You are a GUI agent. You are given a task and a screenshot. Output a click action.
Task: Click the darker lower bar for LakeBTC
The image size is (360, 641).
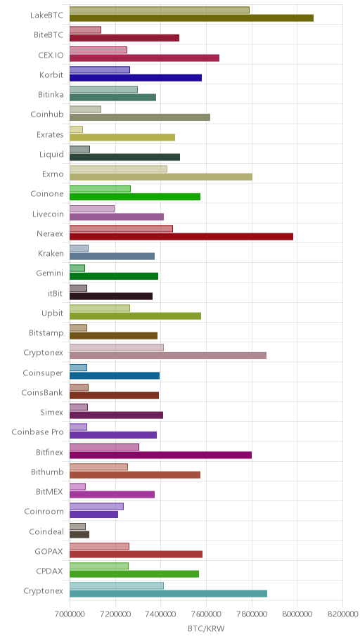[191, 18]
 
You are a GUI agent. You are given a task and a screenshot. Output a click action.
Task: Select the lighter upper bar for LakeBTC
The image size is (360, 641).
[160, 11]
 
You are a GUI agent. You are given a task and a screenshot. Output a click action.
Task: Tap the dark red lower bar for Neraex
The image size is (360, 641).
[181, 236]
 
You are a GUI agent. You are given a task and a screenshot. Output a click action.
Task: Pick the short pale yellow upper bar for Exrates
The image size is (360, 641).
[76, 129]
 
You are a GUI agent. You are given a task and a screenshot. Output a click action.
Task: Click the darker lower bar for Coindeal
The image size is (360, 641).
[79, 534]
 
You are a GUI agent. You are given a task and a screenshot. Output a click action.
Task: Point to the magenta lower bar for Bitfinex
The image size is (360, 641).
[161, 455]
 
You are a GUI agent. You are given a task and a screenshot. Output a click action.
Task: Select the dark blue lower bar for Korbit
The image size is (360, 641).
[136, 78]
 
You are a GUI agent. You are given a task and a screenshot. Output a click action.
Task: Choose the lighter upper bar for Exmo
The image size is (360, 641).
[118, 169]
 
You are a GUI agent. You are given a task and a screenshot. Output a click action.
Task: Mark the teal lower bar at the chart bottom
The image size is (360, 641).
[169, 594]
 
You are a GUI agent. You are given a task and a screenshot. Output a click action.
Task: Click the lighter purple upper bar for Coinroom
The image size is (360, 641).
[96, 506]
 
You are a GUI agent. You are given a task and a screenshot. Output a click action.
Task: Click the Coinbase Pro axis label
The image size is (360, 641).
[38, 432]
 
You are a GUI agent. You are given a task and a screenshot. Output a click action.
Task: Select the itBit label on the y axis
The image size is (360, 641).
[56, 293]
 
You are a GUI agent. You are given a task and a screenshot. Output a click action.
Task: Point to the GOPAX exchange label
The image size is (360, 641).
[49, 552]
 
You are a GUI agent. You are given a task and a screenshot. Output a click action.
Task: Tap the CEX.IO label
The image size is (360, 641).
[51, 55]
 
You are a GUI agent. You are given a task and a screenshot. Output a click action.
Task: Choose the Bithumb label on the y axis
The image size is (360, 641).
[47, 472]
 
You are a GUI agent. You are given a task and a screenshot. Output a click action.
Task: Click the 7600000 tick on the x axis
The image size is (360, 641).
[206, 614]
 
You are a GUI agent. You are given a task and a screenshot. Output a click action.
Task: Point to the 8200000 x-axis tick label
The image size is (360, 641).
[342, 614]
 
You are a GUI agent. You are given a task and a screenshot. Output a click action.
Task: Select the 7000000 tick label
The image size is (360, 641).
[70, 614]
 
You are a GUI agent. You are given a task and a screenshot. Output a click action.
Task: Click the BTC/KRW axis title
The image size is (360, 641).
[206, 629]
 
